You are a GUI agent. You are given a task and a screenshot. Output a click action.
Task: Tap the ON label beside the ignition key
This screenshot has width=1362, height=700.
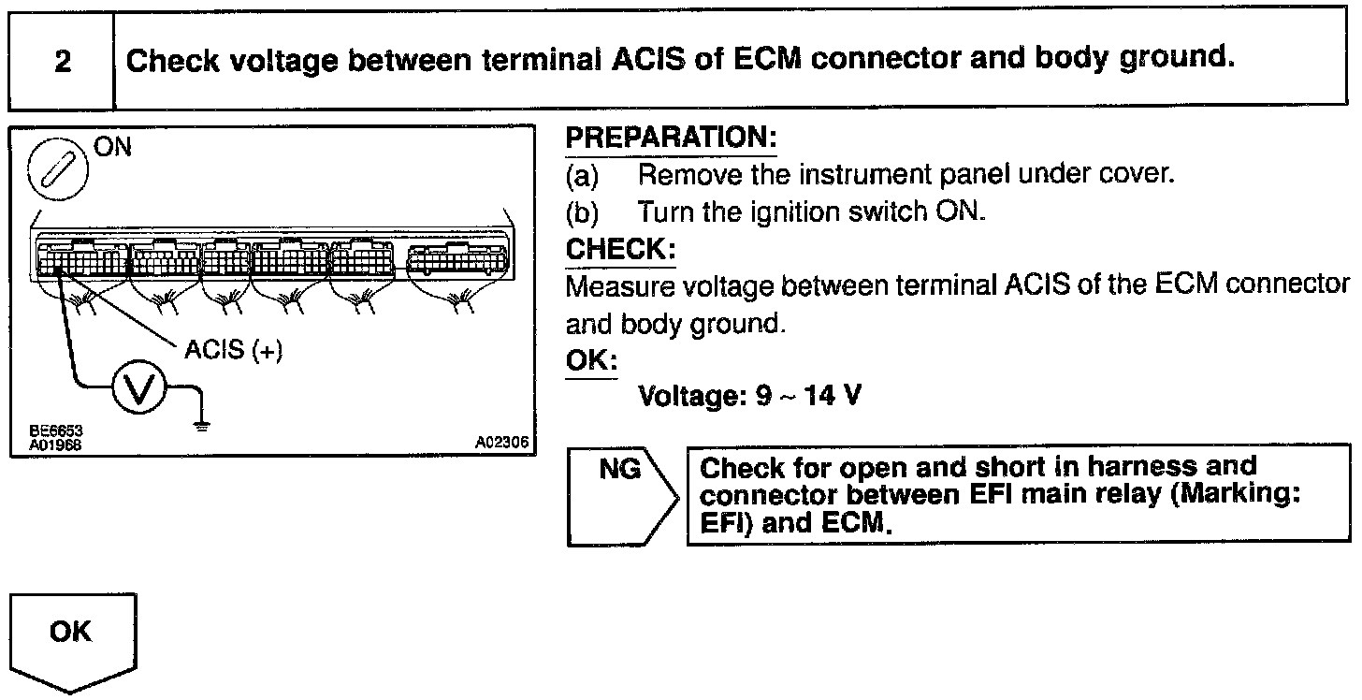pyautogui.click(x=113, y=147)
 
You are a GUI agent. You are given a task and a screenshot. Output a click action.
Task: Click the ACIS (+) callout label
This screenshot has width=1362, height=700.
pyautogui.click(x=233, y=350)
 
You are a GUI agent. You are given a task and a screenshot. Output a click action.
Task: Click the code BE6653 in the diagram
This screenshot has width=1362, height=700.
pyautogui.click(x=56, y=431)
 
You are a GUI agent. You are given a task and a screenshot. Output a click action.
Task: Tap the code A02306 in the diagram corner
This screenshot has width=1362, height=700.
pyautogui.click(x=501, y=445)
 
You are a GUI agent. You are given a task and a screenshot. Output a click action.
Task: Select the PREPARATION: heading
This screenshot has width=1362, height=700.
pyautogui.click(x=672, y=139)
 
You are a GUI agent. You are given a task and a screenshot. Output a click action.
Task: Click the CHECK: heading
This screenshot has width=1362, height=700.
pyautogui.click(x=620, y=250)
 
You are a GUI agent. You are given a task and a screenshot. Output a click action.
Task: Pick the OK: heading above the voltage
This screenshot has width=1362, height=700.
pyautogui.click(x=591, y=361)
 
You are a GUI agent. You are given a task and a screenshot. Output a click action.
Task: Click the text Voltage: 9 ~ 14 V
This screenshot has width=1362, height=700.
pyautogui.click(x=749, y=397)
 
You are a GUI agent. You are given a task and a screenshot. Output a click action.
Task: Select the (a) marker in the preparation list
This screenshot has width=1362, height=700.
pyautogui.click(x=583, y=175)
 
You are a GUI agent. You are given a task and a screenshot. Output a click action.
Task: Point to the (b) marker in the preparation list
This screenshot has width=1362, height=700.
pyautogui.click(x=583, y=212)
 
